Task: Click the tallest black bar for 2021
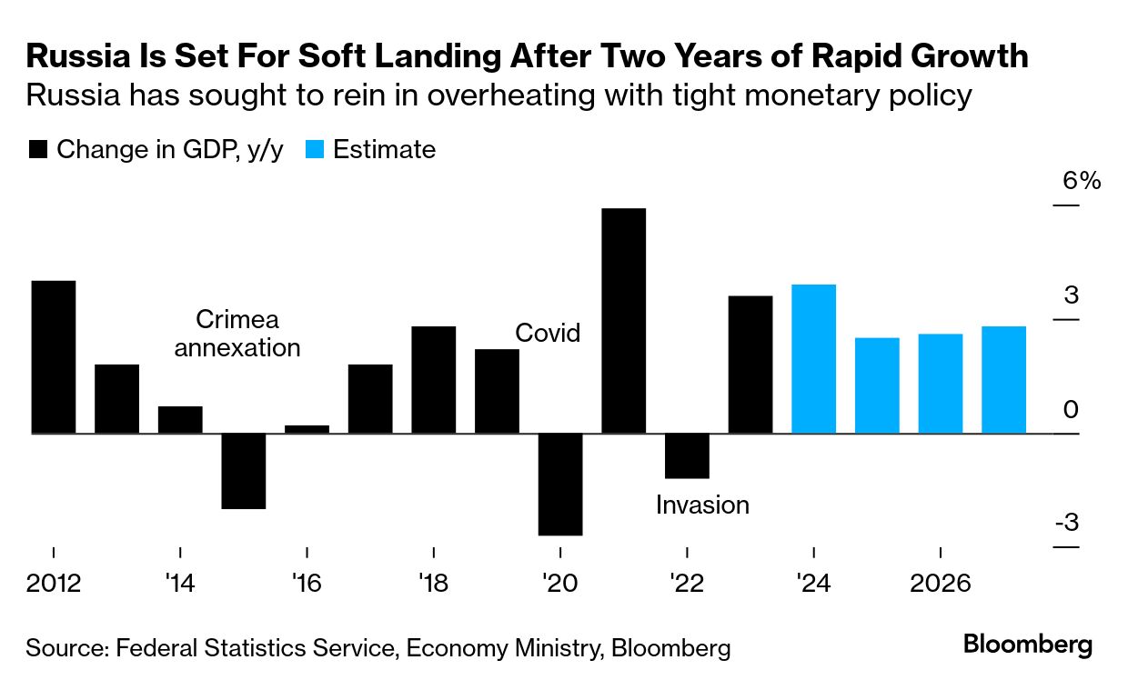click(623, 320)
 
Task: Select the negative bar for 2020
click(560, 484)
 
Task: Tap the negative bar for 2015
click(244, 471)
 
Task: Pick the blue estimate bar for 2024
click(813, 359)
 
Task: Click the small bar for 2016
click(307, 429)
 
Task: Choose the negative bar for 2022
click(687, 455)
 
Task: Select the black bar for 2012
click(54, 356)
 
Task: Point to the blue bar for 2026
click(940, 384)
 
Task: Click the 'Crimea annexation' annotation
click(237, 334)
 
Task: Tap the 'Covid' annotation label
click(548, 333)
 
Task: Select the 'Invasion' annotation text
click(702, 505)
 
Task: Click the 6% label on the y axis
click(1082, 181)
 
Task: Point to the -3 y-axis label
click(1066, 524)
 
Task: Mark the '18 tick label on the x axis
click(434, 582)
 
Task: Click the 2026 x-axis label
click(940, 582)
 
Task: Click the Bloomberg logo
click(1028, 646)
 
